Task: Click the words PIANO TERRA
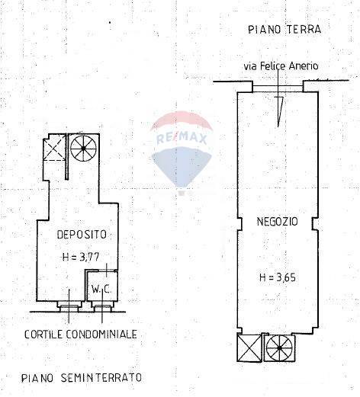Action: [x=284, y=30]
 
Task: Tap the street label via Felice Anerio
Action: [x=281, y=66]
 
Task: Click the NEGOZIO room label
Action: [x=277, y=222]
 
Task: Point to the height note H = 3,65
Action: [x=277, y=277]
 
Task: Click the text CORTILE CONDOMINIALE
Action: [x=80, y=334]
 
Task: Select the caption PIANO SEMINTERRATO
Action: [x=81, y=376]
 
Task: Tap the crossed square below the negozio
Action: [x=249, y=350]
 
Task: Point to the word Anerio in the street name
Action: [x=301, y=66]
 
